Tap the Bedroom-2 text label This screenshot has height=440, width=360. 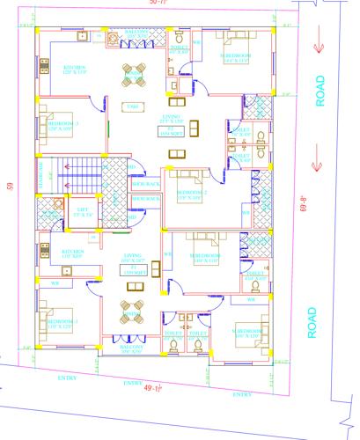click(x=192, y=191)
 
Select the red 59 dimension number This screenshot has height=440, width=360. click(x=8, y=186)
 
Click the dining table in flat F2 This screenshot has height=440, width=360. click(x=134, y=71)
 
